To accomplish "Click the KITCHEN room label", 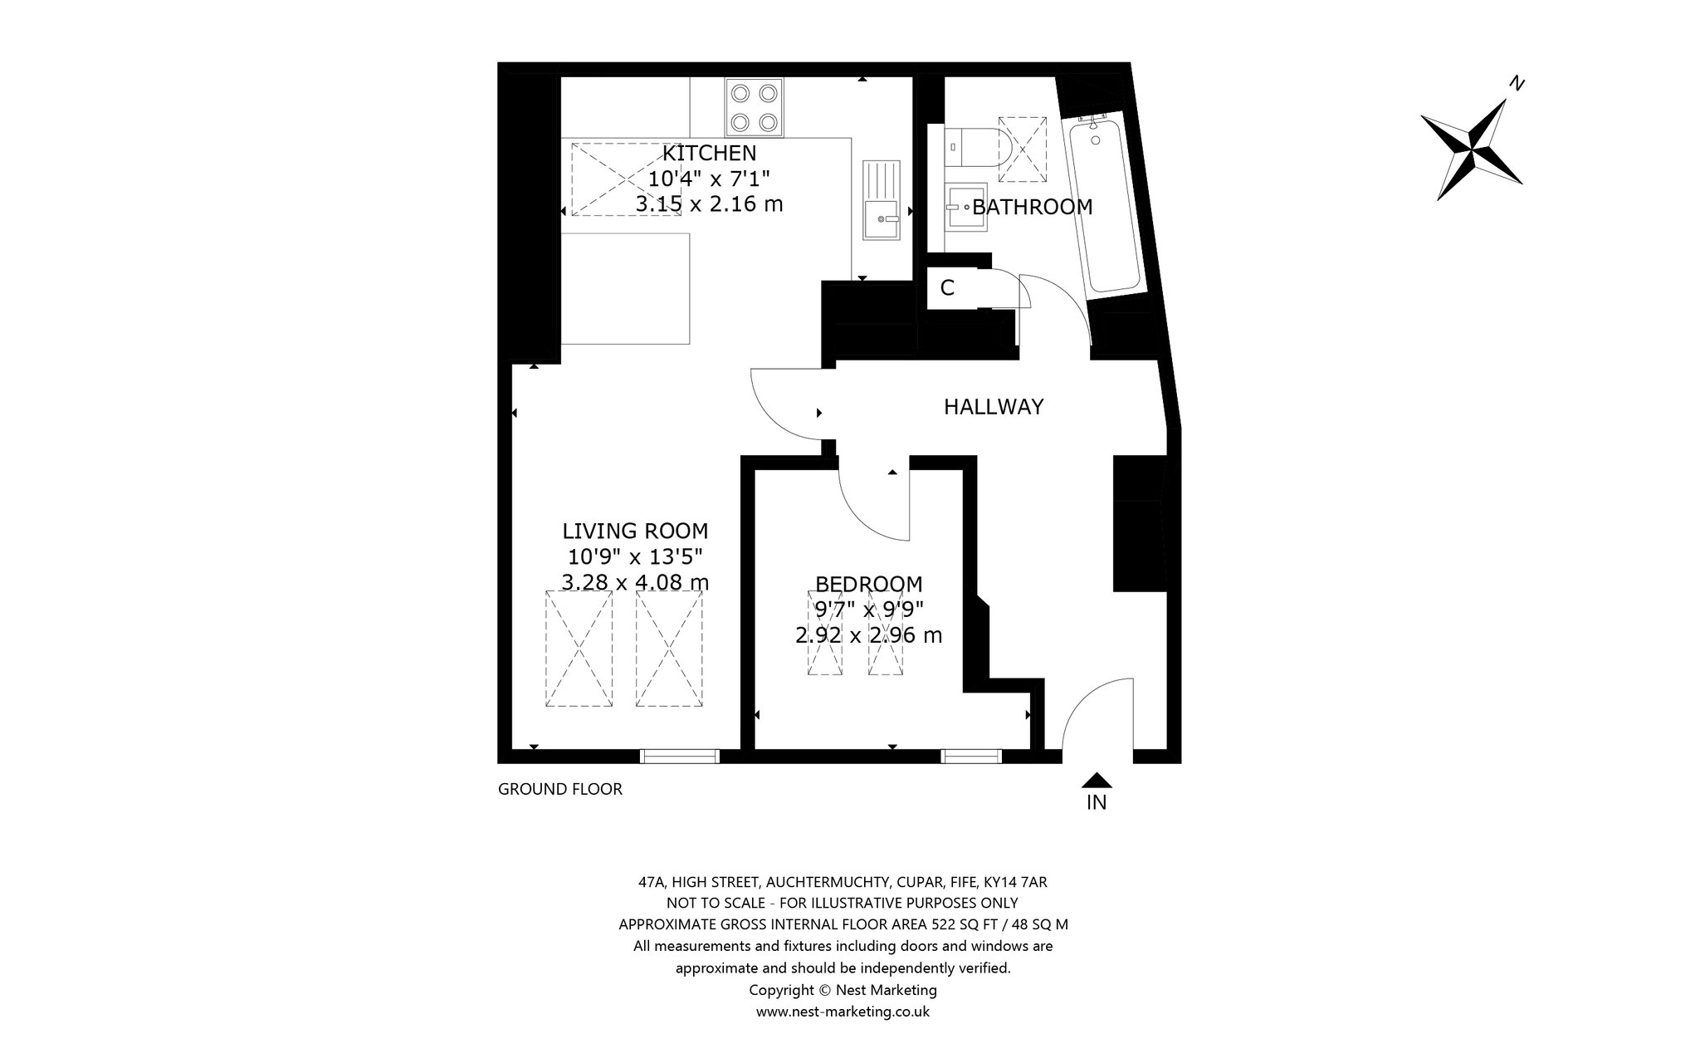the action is [709, 153].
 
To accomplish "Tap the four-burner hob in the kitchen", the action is [755, 106].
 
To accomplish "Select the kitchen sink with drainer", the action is [882, 199].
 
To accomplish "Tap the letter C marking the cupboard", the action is [947, 287].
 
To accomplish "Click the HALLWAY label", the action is [994, 407].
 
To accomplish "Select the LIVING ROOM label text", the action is [635, 531].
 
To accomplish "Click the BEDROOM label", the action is [868, 584].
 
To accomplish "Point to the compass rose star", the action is [1472, 149].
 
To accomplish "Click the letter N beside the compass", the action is [1517, 83].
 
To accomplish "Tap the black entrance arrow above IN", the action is [1097, 780].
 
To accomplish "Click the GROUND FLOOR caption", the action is [560, 789].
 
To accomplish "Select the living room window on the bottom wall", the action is [680, 756].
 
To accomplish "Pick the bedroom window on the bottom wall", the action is [971, 756].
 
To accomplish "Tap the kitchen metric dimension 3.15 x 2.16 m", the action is [709, 203].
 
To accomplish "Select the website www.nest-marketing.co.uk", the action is [843, 1012].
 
